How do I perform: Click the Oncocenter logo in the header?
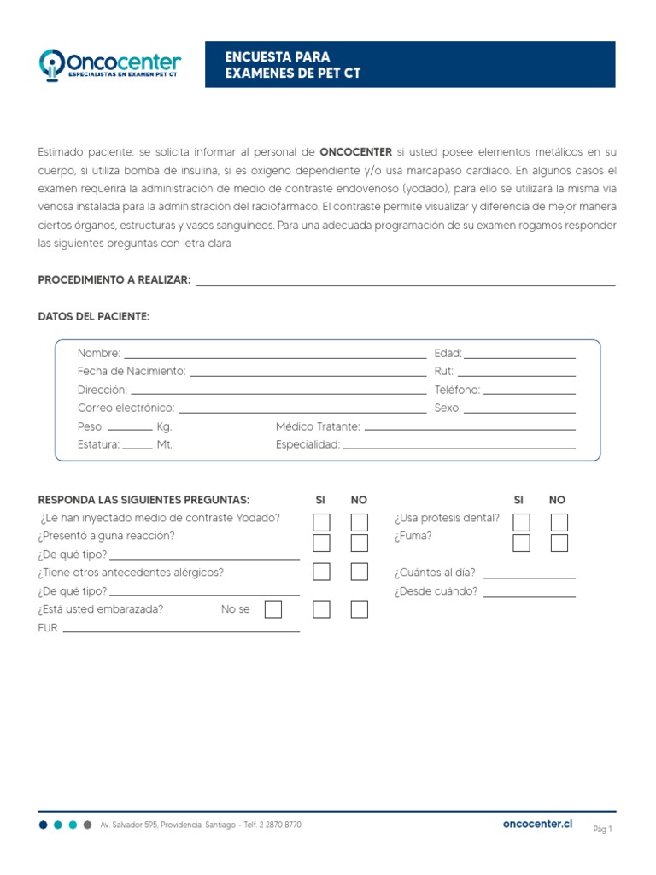[x=110, y=64]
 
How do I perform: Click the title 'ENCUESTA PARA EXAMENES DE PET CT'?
[x=292, y=65]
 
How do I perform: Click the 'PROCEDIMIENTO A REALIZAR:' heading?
[x=114, y=280]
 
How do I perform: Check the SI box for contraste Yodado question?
[x=321, y=522]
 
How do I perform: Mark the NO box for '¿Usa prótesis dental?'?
[x=559, y=522]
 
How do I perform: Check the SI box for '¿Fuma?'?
[x=521, y=543]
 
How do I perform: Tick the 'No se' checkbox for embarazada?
[x=272, y=609]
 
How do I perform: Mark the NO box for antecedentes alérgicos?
[x=360, y=573]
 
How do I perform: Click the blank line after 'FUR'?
[x=181, y=631]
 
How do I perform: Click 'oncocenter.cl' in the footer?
[x=537, y=824]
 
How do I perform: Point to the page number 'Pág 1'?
[x=603, y=829]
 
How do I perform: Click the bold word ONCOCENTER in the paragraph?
[x=356, y=152]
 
